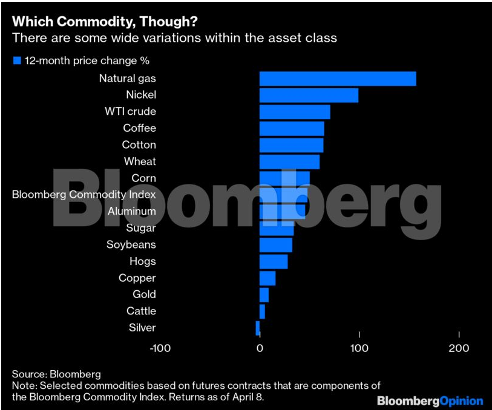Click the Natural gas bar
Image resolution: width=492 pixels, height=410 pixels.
tap(338, 79)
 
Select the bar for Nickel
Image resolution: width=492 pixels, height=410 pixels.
tap(309, 95)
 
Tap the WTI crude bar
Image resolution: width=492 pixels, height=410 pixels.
tap(295, 112)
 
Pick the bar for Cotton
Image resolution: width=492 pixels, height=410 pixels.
tap(291, 145)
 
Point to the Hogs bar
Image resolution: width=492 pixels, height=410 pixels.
tap(274, 261)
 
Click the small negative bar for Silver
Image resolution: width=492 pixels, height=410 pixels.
tap(258, 328)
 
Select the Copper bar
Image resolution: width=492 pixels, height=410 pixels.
tap(267, 278)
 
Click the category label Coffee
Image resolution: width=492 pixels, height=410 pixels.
tap(139, 128)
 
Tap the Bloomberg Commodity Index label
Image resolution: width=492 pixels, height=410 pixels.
tap(84, 195)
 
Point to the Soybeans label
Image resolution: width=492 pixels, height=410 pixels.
tap(131, 245)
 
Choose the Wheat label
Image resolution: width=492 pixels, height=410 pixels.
tap(140, 161)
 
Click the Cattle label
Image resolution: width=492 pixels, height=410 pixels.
tap(141, 311)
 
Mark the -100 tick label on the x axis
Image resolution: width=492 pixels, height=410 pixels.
tap(160, 348)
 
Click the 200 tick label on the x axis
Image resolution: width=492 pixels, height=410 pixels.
tap(459, 348)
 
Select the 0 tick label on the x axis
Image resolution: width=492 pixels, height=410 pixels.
tap(260, 348)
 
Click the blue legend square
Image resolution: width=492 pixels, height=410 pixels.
tap(17, 60)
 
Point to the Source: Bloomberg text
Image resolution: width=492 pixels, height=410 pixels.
tap(56, 374)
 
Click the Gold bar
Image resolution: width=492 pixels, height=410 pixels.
tap(264, 294)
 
